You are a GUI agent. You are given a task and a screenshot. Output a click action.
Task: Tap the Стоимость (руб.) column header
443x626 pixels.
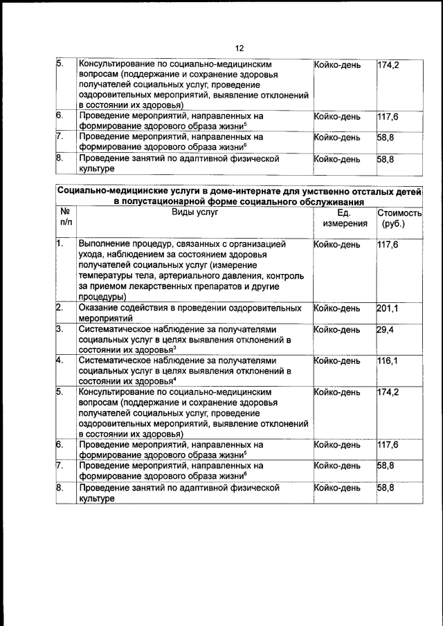[399, 219]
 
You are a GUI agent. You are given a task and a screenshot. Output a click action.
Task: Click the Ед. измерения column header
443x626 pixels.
[344, 219]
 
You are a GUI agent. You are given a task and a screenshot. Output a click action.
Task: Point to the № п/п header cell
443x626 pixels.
[66, 219]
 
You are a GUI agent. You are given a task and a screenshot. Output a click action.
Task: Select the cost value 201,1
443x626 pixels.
[388, 308]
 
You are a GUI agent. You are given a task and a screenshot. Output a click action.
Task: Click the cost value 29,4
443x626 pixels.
[386, 330]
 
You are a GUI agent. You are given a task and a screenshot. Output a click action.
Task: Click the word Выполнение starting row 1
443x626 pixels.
[107, 244]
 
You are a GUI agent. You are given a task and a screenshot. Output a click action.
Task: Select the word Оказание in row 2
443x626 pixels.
[101, 308]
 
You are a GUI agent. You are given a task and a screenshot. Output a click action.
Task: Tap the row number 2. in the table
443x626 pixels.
[60, 308]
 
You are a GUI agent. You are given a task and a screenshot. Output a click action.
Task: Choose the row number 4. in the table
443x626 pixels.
[60, 361]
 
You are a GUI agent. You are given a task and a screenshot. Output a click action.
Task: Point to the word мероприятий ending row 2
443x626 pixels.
[107, 318]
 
